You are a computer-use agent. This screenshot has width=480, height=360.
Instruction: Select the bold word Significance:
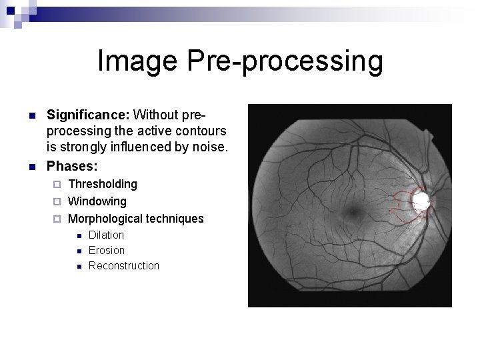pyautogui.click(x=88, y=116)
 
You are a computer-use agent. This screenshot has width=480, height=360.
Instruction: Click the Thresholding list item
pyautogui.click(x=103, y=183)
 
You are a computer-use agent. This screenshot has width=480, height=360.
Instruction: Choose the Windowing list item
pyautogui.click(x=97, y=201)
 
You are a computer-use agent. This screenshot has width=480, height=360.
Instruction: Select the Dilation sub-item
pyautogui.click(x=106, y=235)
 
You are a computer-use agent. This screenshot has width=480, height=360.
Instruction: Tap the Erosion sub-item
pyautogui.click(x=107, y=250)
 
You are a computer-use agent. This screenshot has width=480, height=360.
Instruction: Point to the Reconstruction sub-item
pyautogui.click(x=124, y=265)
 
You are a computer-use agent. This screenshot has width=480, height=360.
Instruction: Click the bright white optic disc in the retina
pyautogui.click(x=420, y=199)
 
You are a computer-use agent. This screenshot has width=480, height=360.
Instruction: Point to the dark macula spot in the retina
pyautogui.click(x=351, y=213)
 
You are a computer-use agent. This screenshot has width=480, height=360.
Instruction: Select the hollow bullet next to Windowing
pyautogui.click(x=58, y=201)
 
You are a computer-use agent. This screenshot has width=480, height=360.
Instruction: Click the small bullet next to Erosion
pyautogui.click(x=78, y=251)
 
